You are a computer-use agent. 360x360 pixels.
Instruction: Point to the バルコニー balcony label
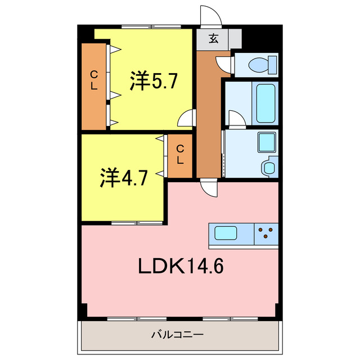tap(177, 335)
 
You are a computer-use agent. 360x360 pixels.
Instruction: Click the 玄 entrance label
tap(214, 39)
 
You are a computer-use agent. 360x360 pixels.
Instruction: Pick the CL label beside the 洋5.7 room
tap(94, 80)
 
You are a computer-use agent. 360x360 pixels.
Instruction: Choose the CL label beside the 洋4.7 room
tap(179, 154)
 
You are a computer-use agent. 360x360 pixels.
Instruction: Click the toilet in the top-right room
tap(262, 64)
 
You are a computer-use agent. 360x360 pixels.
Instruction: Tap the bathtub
tap(265, 103)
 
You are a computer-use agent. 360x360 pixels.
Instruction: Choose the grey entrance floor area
tap(218, 39)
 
